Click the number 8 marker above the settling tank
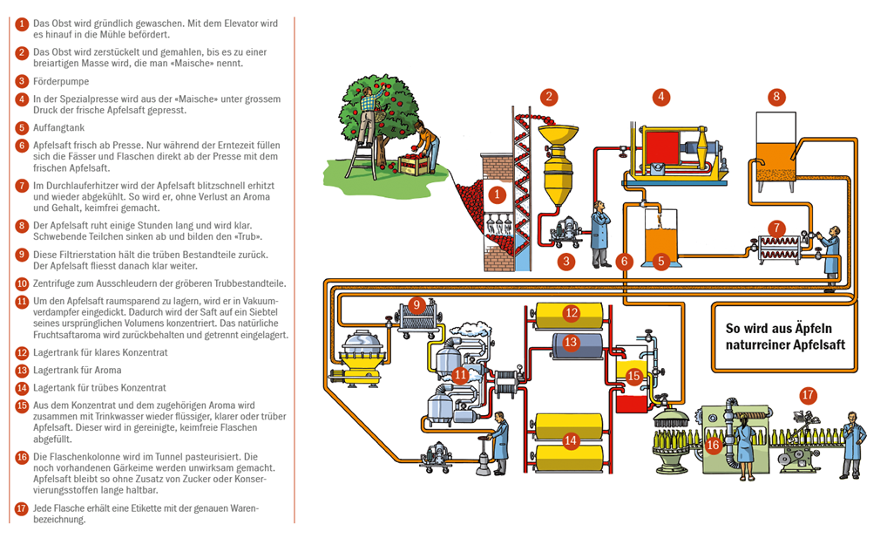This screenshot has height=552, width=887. click(776, 97)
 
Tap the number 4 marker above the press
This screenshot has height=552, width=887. click(662, 97)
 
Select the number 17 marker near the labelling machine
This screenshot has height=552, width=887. click(809, 395)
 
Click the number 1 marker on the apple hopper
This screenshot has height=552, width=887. click(497, 194)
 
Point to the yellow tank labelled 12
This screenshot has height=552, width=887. click(571, 312)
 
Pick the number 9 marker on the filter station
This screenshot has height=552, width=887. click(417, 304)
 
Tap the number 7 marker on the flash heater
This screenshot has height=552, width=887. click(776, 228)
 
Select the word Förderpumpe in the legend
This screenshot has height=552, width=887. click(60, 81)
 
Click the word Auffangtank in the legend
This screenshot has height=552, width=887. click(58, 127)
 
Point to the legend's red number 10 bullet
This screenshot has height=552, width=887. click(22, 283)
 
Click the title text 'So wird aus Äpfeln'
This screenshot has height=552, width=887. click(779, 329)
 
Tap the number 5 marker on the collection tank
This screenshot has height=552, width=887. click(660, 261)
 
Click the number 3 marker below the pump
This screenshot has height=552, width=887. click(567, 260)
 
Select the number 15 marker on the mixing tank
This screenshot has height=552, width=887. click(633, 376)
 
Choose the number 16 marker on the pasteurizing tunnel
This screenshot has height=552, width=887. click(711, 446)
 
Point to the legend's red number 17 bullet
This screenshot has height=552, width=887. click(22, 508)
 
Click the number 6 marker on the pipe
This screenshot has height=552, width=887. click(624, 261)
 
